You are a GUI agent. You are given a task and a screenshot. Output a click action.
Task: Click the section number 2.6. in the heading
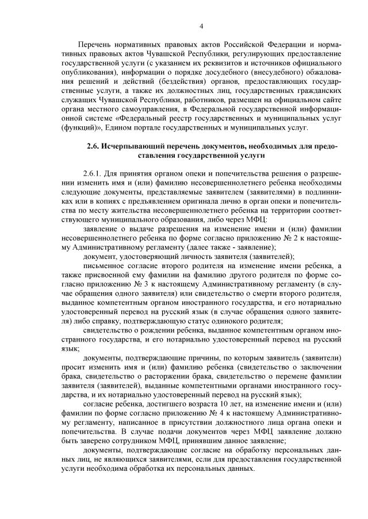(x=93, y=147)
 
